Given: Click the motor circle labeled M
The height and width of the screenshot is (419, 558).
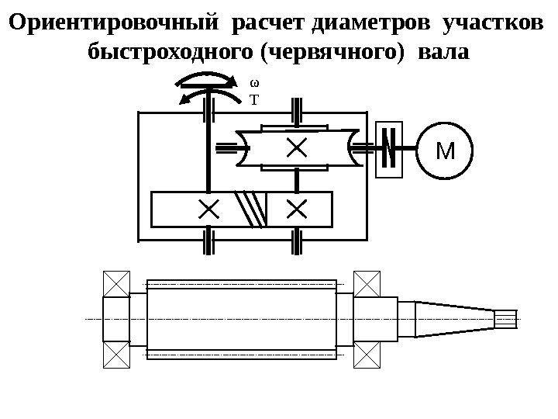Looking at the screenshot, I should pyautogui.click(x=444, y=149).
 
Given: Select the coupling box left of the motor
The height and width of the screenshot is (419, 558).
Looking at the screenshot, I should pyautogui.click(x=389, y=149).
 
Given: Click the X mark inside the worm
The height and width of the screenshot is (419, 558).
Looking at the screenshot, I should pyautogui.click(x=295, y=147).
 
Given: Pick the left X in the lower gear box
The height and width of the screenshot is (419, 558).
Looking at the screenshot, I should pyautogui.click(x=208, y=209).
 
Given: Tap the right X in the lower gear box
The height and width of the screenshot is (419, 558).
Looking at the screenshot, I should pyautogui.click(x=297, y=209).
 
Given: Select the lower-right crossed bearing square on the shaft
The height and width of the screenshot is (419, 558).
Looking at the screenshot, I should pyautogui.click(x=367, y=355).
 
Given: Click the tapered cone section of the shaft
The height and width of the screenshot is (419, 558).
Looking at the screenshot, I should pyautogui.click(x=454, y=319).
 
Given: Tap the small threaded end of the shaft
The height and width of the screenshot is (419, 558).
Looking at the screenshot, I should pyautogui.click(x=505, y=319).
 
